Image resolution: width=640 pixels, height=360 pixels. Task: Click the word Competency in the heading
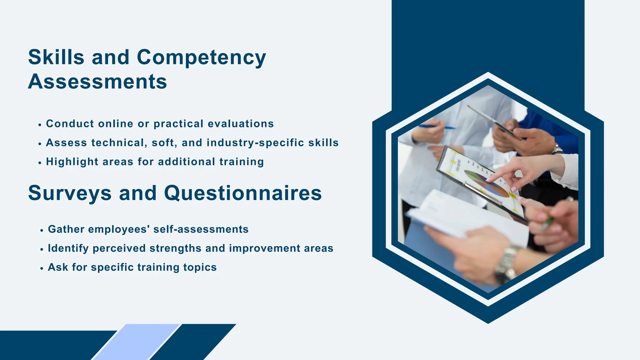tap(201, 58)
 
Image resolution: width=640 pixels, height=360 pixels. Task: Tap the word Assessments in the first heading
tap(97, 82)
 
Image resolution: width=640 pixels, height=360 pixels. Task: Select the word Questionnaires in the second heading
tap(243, 193)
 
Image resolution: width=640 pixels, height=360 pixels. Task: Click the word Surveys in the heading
tap(70, 193)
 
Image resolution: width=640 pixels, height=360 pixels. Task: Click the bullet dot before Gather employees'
tap(42, 231)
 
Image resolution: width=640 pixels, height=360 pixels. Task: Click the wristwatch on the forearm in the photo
tap(506, 264)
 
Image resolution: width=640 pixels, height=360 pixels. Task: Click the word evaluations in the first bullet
tap(241, 124)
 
